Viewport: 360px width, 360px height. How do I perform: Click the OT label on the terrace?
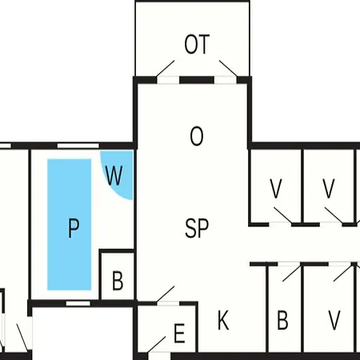[197, 44]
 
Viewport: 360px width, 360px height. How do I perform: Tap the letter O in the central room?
[197, 136]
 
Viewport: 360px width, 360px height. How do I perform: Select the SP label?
[197, 228]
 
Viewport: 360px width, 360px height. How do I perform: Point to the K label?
[223, 320]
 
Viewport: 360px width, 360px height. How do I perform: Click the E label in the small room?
[179, 333]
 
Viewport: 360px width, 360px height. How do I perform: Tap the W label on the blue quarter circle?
[114, 175]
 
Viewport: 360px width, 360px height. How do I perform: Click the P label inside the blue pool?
[74, 228]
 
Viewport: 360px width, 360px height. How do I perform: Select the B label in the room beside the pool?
[118, 281]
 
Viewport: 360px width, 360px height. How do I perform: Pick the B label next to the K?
[282, 320]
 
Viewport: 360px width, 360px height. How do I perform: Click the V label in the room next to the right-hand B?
[334, 320]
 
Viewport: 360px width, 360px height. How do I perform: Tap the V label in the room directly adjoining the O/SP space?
[276, 189]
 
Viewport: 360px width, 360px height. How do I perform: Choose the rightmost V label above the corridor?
[329, 189]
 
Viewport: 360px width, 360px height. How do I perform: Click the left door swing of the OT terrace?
[166, 69]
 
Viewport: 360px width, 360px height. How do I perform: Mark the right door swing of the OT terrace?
[228, 69]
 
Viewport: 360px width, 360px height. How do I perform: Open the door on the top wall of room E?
[166, 294]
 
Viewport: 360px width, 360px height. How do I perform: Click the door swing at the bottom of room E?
[156, 345]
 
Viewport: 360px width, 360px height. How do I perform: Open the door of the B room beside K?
[292, 272]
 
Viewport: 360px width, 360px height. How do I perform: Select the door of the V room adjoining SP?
[282, 215]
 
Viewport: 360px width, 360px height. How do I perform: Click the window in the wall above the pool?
[78, 146]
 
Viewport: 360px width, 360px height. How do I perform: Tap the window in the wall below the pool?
[78, 303]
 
